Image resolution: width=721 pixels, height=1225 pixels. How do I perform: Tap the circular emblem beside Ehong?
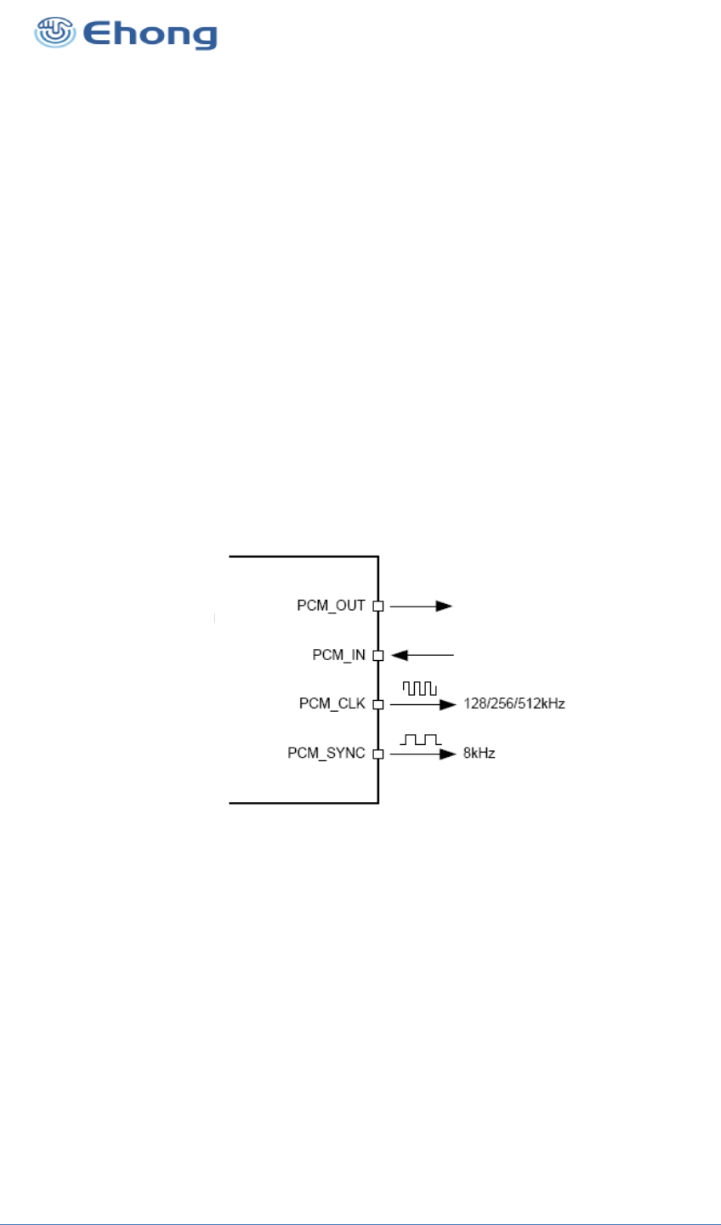click(54, 33)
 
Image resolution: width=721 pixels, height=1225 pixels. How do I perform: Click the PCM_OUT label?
click(331, 606)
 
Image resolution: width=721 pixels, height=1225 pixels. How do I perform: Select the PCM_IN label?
click(338, 655)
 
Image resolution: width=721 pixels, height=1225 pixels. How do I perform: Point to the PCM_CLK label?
click(332, 704)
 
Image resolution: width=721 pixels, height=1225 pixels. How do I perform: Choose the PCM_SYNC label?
click(326, 754)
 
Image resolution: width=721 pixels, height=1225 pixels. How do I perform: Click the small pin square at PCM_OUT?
click(378, 607)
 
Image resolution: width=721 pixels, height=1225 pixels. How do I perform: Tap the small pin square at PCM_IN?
click(378, 656)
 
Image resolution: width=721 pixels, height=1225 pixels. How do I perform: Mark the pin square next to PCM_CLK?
click(378, 704)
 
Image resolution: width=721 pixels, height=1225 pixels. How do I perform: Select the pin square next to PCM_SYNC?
click(378, 754)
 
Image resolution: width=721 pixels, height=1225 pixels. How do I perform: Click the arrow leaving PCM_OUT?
click(421, 607)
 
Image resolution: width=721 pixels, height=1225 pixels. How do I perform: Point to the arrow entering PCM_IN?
click(423, 656)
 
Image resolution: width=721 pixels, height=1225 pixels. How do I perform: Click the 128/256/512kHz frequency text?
click(514, 704)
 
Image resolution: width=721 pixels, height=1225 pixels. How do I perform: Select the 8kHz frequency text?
click(479, 754)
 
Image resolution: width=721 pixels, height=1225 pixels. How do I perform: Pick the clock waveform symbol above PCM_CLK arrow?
click(420, 688)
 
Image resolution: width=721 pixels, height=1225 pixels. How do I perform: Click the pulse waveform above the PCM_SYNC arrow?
click(421, 739)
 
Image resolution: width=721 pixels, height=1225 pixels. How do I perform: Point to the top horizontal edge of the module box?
click(304, 556)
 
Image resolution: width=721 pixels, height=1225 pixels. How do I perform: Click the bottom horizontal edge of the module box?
click(304, 802)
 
